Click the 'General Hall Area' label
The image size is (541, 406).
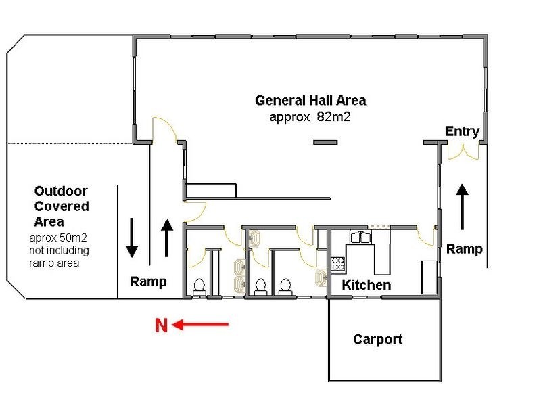310,101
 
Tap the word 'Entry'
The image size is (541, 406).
462,131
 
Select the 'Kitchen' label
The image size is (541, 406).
366,285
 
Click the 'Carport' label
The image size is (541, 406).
377,339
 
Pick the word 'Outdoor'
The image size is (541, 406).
61,191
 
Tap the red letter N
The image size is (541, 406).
161,326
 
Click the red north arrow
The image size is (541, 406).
200,325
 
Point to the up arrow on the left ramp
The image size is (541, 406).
167,238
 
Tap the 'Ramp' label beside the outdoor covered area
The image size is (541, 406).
148,281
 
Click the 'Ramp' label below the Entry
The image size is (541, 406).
465,249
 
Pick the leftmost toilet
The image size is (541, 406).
199,287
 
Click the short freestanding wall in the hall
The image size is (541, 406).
325,142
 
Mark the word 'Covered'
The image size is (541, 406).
62,206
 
